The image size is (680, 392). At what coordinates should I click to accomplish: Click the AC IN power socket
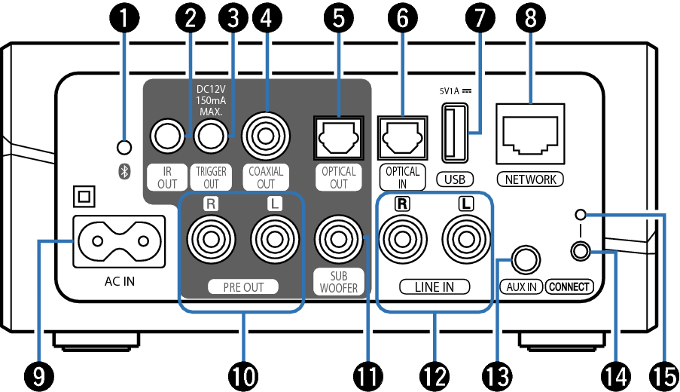point(117,241)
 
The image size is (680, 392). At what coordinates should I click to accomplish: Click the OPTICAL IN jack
point(401,137)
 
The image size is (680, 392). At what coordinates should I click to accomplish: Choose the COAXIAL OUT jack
point(266,136)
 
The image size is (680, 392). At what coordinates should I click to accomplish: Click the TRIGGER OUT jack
point(211,136)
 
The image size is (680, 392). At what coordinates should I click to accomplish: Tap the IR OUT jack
point(168,136)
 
